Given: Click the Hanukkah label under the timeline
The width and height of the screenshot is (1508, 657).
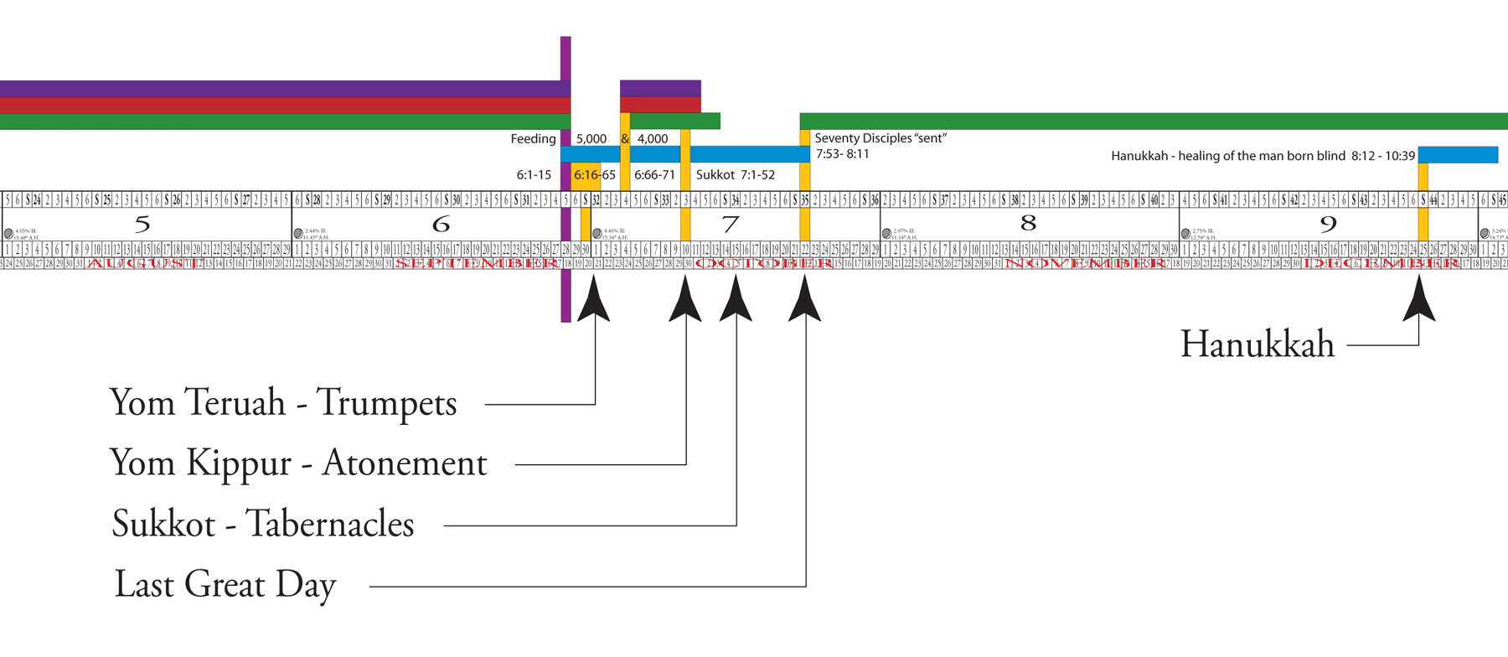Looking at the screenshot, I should [1257, 344].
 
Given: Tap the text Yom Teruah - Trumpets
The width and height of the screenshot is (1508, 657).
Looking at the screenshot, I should [283, 403].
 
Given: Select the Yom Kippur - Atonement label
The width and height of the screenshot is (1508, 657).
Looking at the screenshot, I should [298, 463].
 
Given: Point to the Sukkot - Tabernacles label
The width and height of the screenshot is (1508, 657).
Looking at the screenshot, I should [263, 525].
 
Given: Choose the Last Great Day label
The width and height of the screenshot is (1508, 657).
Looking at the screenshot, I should [225, 585].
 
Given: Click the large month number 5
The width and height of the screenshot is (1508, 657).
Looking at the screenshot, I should [142, 225].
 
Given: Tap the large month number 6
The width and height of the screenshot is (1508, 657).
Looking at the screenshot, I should [441, 225].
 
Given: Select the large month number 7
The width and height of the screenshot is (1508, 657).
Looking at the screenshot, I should [731, 225].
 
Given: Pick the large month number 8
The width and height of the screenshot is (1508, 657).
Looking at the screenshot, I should [1028, 223].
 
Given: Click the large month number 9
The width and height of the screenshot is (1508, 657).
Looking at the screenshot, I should [1327, 225].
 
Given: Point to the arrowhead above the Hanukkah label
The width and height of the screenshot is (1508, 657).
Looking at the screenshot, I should [1419, 300].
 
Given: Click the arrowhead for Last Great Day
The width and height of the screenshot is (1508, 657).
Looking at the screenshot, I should [805, 300].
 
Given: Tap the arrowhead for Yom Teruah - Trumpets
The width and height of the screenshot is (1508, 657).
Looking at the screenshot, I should [594, 300].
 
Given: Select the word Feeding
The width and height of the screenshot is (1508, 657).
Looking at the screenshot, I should [533, 139].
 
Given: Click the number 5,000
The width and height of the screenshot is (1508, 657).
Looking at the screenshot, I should [591, 139].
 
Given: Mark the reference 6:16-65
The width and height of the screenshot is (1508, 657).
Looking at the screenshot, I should [595, 175].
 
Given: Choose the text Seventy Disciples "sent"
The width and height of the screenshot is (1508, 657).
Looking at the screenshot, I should [881, 138].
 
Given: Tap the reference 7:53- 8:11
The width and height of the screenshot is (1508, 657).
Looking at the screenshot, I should [843, 154].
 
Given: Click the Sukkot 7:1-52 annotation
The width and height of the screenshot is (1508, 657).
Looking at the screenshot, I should [735, 175].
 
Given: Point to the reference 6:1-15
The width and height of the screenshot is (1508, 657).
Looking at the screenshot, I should [534, 175].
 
